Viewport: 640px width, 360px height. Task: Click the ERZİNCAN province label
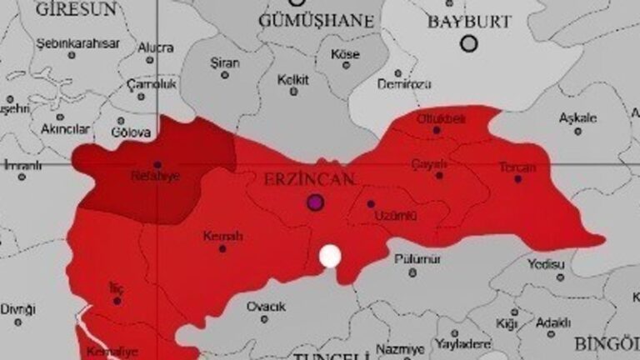[309, 179]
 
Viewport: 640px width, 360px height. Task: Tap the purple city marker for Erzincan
[315, 201]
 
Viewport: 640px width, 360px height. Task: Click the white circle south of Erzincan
[331, 256]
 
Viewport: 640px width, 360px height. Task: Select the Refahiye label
[156, 176]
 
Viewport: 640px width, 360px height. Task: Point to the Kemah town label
[222, 237]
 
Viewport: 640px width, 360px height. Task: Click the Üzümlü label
[395, 216]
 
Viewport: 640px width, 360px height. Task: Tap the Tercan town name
[517, 167]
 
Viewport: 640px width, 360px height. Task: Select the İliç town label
[117, 287]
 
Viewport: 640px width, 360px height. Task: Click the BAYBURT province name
[469, 22]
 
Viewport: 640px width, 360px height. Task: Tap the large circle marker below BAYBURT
[469, 42]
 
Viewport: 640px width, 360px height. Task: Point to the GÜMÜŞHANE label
[316, 20]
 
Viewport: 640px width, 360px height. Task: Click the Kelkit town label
[293, 80]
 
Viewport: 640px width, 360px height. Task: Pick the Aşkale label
[577, 118]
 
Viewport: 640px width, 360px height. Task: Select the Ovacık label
[266, 307]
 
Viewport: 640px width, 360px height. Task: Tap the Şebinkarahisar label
[77, 42]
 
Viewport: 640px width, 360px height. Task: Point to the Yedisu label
[546, 264]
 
